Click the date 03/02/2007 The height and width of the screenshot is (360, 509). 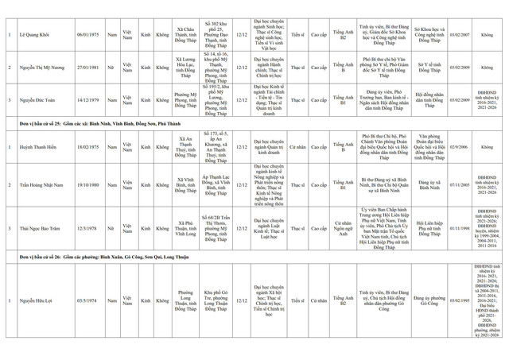coord(458,35)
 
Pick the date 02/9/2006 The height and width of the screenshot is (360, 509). coord(458,147)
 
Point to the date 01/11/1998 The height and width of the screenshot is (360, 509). coord(458,228)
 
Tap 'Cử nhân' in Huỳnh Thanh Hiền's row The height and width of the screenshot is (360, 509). coord(297,147)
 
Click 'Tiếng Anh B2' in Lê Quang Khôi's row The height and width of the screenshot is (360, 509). coord(343,35)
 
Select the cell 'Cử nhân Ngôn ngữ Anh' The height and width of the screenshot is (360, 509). coord(343,228)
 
